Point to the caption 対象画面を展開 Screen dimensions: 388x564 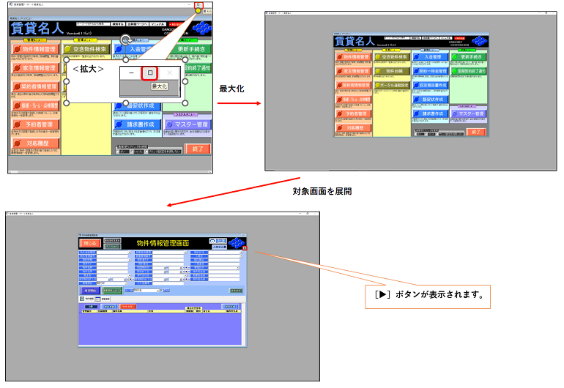[x=322, y=191]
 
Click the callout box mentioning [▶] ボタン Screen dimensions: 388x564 [x=428, y=296]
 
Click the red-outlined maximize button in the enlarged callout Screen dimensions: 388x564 [x=150, y=73]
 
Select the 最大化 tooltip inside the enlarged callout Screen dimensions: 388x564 [x=159, y=86]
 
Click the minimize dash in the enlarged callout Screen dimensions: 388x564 [x=130, y=73]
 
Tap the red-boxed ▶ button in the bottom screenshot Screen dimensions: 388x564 [x=246, y=248]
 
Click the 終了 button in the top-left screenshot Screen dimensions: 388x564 [x=197, y=149]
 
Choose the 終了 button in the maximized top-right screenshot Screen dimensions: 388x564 [x=476, y=132]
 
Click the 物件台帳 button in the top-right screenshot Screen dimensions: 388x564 [x=392, y=70]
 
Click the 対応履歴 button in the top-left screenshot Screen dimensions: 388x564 [x=34, y=144]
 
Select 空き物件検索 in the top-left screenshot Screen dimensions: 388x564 [x=86, y=49]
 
